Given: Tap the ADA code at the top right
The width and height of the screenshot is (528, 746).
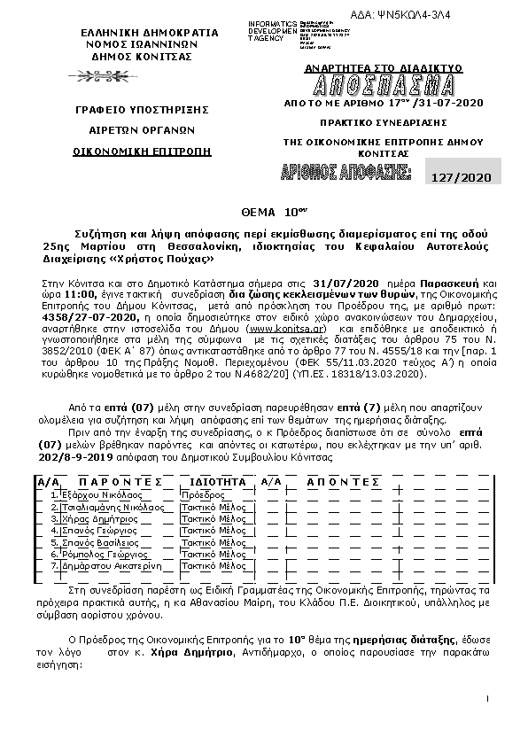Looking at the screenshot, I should coord(450,9).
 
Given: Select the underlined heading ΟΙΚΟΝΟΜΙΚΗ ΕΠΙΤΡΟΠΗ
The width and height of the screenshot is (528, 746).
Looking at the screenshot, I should coord(143,152).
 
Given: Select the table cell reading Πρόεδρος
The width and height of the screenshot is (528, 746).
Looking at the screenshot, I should coord(202,493).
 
